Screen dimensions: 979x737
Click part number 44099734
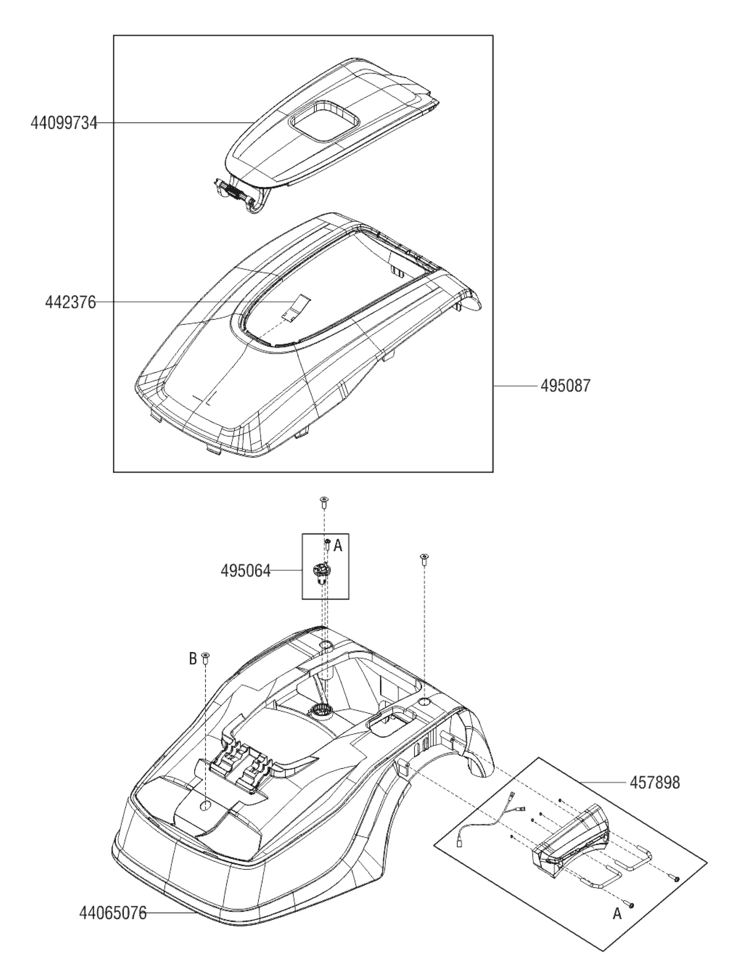pyautogui.click(x=64, y=122)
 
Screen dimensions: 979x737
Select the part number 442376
pyautogui.click(x=70, y=303)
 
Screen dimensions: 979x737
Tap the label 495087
pyautogui.click(x=565, y=386)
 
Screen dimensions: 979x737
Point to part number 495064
pyautogui.click(x=246, y=571)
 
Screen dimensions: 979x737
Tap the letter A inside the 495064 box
pyautogui.click(x=338, y=546)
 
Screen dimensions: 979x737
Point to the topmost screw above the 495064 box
pyautogui.click(x=324, y=501)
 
